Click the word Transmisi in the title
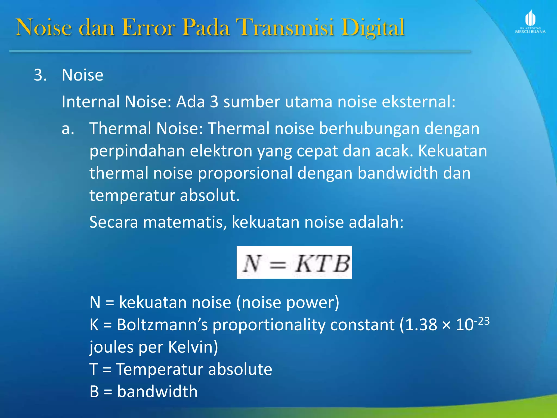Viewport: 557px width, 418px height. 285,27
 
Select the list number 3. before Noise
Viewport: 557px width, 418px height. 40,75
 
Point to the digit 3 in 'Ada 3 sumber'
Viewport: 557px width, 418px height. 214,102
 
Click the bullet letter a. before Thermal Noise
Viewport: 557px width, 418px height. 68,128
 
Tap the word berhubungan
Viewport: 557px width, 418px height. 369,128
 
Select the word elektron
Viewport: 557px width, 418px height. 221,151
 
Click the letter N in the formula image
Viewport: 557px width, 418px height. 252,263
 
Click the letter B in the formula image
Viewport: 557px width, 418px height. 341,263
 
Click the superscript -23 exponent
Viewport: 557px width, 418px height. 482,321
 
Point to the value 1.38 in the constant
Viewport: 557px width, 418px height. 421,325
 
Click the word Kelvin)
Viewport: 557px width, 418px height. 193,347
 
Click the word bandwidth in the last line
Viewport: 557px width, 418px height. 157,392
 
